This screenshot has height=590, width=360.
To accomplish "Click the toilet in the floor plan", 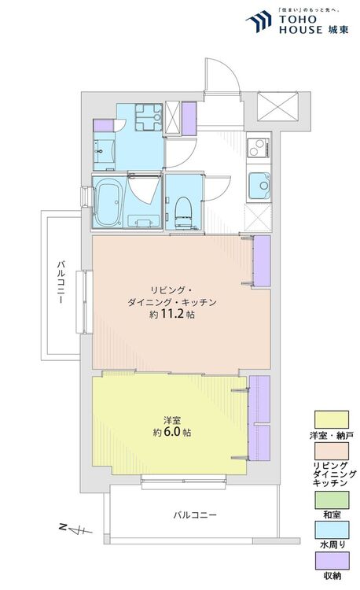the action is pyautogui.click(x=184, y=212).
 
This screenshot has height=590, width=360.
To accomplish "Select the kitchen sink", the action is pyautogui.click(x=259, y=186).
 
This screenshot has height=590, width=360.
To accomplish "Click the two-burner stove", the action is pyautogui.click(x=259, y=148).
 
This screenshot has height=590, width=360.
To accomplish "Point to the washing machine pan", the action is pyautogui.click(x=149, y=116).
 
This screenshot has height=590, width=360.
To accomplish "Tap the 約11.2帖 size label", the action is pyautogui.click(x=172, y=315).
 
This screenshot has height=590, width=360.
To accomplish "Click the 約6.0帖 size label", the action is pyautogui.click(x=172, y=433).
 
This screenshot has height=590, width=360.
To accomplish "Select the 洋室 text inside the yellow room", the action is pyautogui.click(x=171, y=420).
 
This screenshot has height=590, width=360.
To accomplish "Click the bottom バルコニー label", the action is pyautogui.click(x=195, y=515).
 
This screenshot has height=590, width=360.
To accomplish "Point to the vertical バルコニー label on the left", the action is pyautogui.click(x=61, y=282).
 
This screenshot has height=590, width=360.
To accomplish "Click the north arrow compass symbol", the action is pyautogui.click(x=75, y=529).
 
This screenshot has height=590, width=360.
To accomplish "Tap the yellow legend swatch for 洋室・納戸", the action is pyautogui.click(x=332, y=419).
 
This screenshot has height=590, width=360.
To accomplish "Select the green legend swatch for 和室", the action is pyautogui.click(x=332, y=500).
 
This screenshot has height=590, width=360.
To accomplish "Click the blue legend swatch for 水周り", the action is pyautogui.click(x=332, y=529).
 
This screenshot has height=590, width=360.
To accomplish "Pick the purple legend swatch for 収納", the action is pyautogui.click(x=332, y=561).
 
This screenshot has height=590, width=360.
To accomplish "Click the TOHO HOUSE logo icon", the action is pyautogui.click(x=259, y=21).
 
